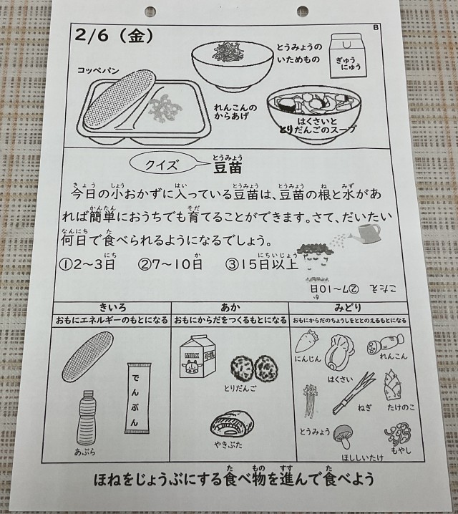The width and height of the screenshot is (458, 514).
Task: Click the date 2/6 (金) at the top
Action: pos(114,36)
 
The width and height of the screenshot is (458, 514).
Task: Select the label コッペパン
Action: pos(98,70)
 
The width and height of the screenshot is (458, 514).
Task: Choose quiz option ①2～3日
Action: pos(87,264)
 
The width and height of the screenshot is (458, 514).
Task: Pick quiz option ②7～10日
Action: pos(170,264)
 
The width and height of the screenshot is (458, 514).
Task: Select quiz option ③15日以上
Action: pos(262,264)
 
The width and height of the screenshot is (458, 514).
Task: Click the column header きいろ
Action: pos(112,308)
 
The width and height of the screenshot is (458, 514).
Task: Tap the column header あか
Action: pos(230,308)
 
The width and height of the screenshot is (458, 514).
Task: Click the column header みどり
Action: pos(348,308)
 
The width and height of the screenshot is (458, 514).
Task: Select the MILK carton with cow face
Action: pos(197,357)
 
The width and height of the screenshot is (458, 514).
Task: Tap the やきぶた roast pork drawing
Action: pos(232,425)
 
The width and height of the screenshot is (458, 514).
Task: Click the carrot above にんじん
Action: pos(307,342)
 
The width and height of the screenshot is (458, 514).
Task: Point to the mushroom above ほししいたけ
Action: pos(343,436)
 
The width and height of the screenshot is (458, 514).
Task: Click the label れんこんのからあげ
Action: pos(235,112)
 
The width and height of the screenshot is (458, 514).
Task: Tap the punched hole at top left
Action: pos(150,11)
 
